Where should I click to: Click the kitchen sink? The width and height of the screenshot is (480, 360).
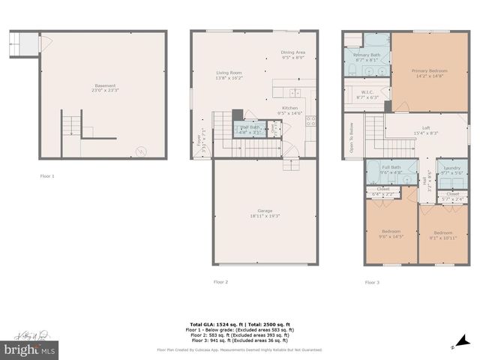point(295,93)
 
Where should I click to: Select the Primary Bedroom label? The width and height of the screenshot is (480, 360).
point(427,73)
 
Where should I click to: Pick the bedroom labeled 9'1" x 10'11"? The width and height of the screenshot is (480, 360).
point(443,235)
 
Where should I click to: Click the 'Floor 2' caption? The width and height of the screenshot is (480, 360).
point(220,282)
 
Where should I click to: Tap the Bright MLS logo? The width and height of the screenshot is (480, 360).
point(30,349)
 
